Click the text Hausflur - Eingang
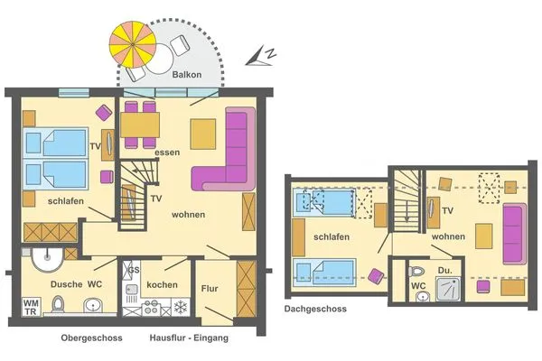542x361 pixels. pos(189,338)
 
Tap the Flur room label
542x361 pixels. pos(210,290)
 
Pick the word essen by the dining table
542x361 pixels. pos(167,153)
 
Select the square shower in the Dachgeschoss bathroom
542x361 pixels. pos(449,288)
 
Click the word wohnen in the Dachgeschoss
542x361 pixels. pos(448,236)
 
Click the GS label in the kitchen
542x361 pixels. pos(133,271)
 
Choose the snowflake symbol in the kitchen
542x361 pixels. pos(180,309)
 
